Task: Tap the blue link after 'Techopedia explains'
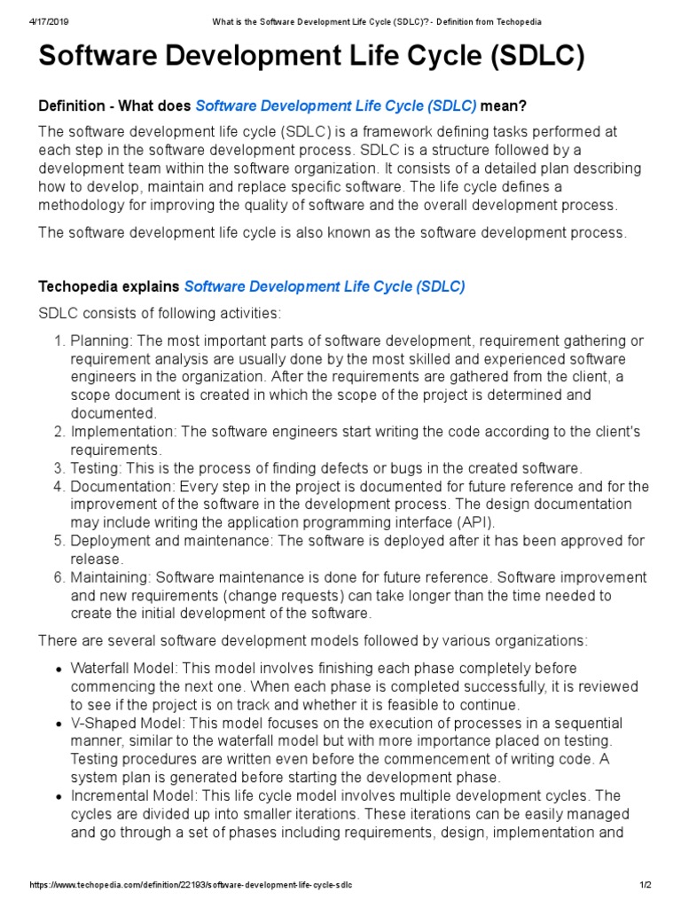pos(325,286)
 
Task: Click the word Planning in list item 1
pos(99,341)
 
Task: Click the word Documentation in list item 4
pos(121,486)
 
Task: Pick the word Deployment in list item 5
pos(108,541)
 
